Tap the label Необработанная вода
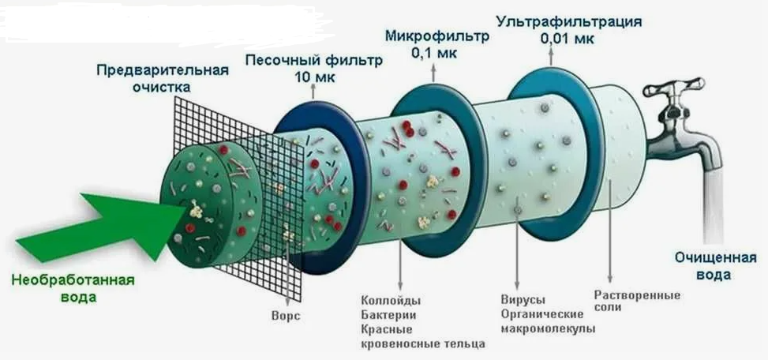pos(73,288)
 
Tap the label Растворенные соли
pos(637,301)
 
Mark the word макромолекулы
pos(548,328)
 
